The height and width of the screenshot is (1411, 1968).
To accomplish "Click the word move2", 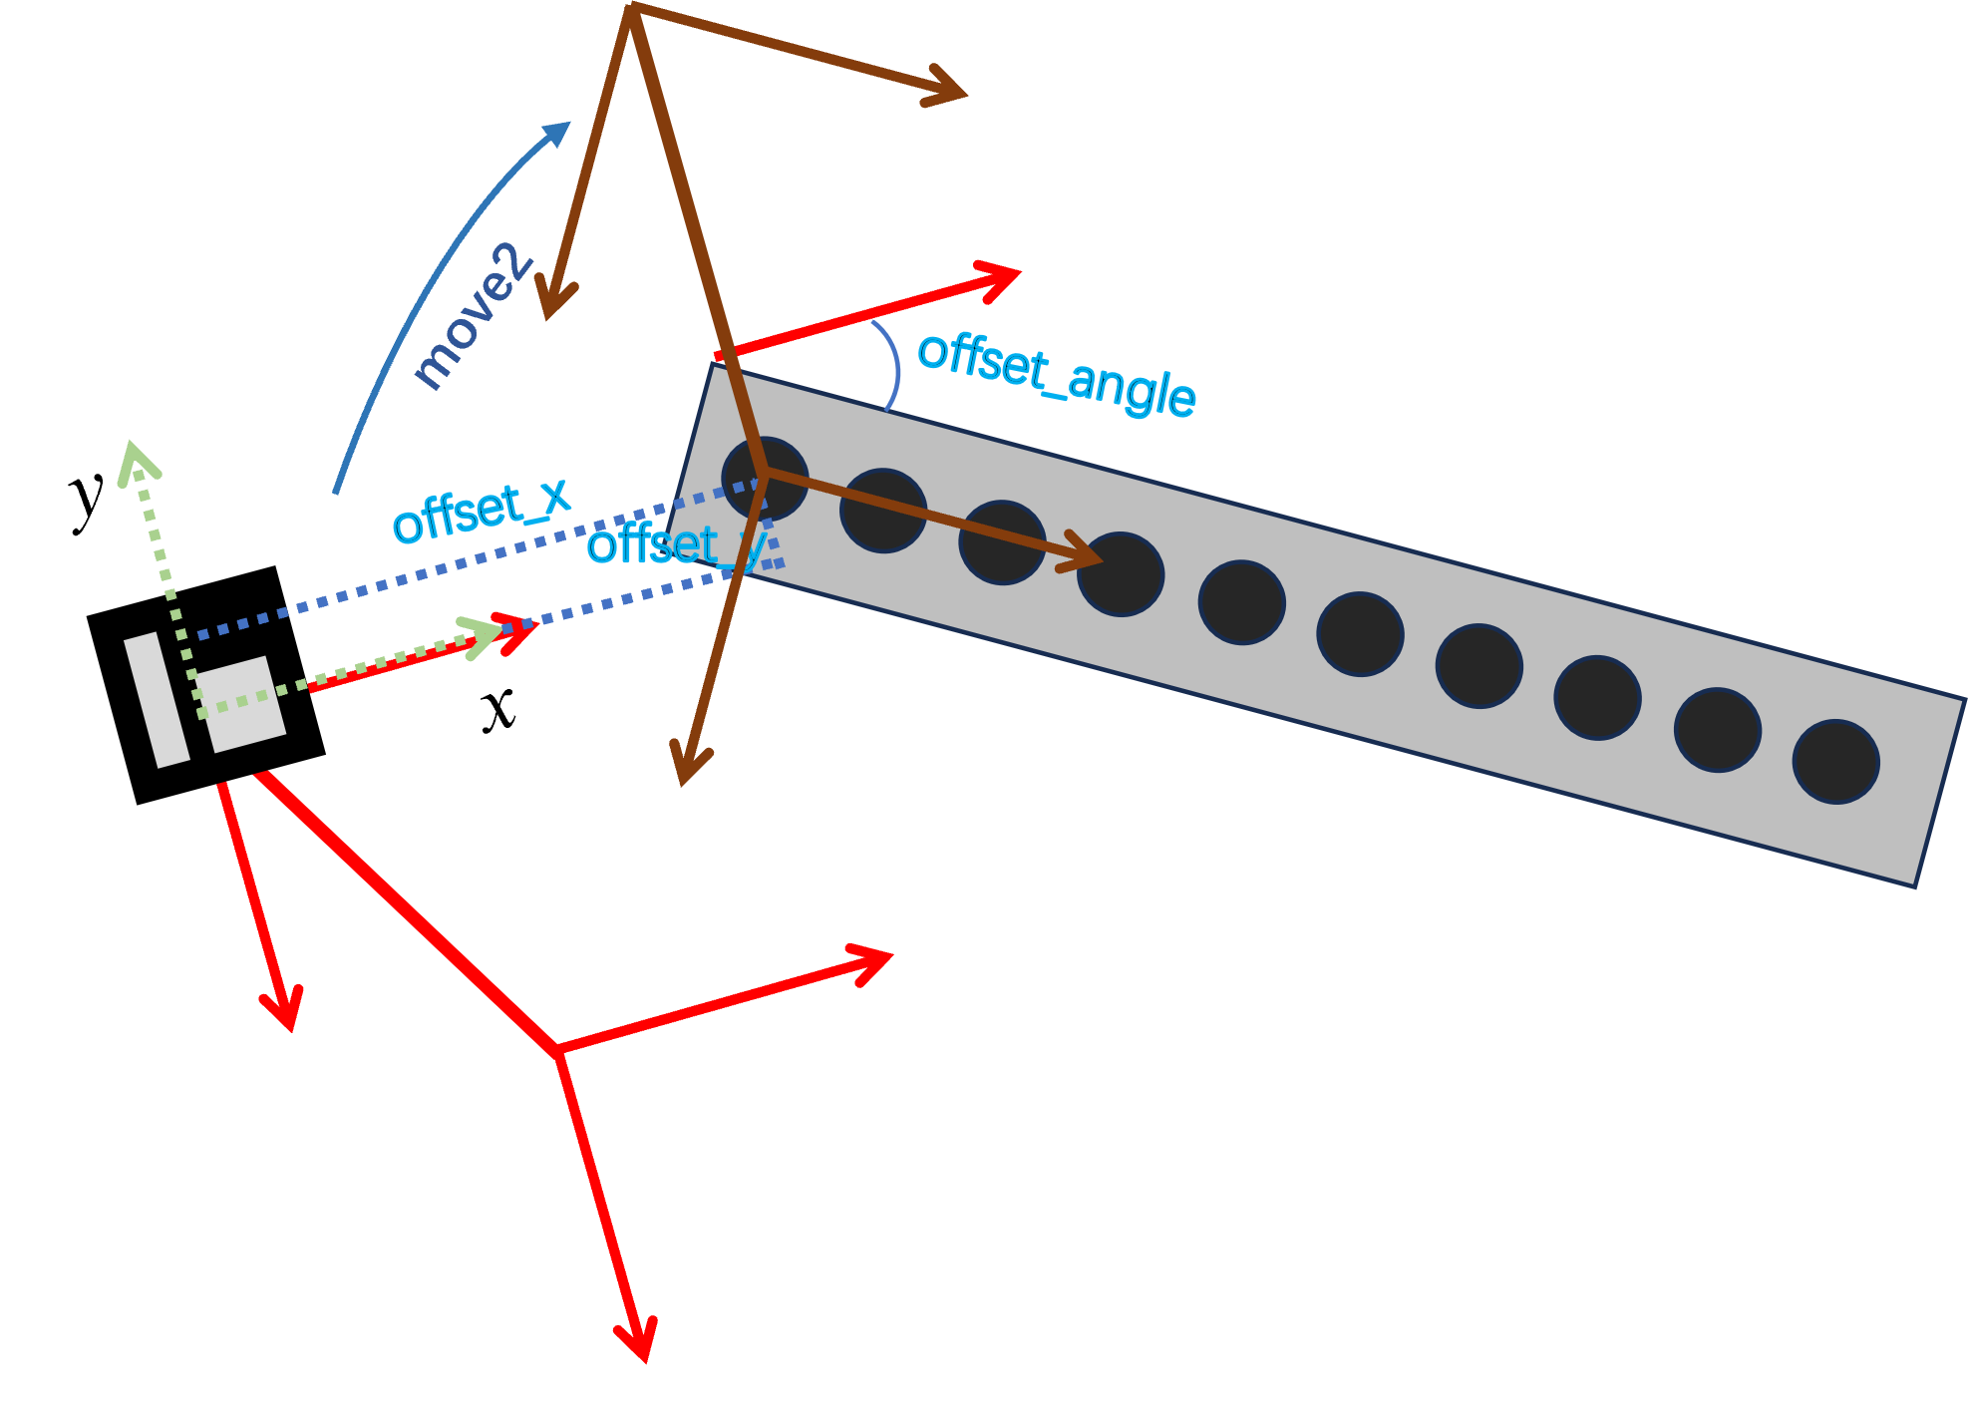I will (x=472, y=316).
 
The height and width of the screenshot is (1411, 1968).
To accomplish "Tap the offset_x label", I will (x=482, y=512).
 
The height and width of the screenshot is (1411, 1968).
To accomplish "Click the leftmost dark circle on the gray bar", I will (x=765, y=479).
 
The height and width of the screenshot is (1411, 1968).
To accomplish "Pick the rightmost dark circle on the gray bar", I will (x=1835, y=762).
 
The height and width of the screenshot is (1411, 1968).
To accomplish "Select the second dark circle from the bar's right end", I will (x=1717, y=730).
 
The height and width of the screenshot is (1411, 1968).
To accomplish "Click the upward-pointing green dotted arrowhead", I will (x=136, y=463).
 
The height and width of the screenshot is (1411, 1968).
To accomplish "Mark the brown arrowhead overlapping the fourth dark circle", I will (x=1085, y=558).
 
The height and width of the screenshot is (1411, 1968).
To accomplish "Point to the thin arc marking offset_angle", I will (x=895, y=365).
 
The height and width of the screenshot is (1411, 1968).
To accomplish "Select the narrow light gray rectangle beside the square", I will (x=157, y=700).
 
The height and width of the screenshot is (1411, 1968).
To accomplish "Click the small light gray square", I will (x=240, y=703).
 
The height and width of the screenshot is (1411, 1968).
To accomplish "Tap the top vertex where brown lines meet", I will (x=630, y=8).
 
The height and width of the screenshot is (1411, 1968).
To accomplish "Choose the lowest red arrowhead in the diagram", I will (x=639, y=1341).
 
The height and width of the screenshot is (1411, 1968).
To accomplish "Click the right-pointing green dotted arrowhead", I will (x=485, y=634).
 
